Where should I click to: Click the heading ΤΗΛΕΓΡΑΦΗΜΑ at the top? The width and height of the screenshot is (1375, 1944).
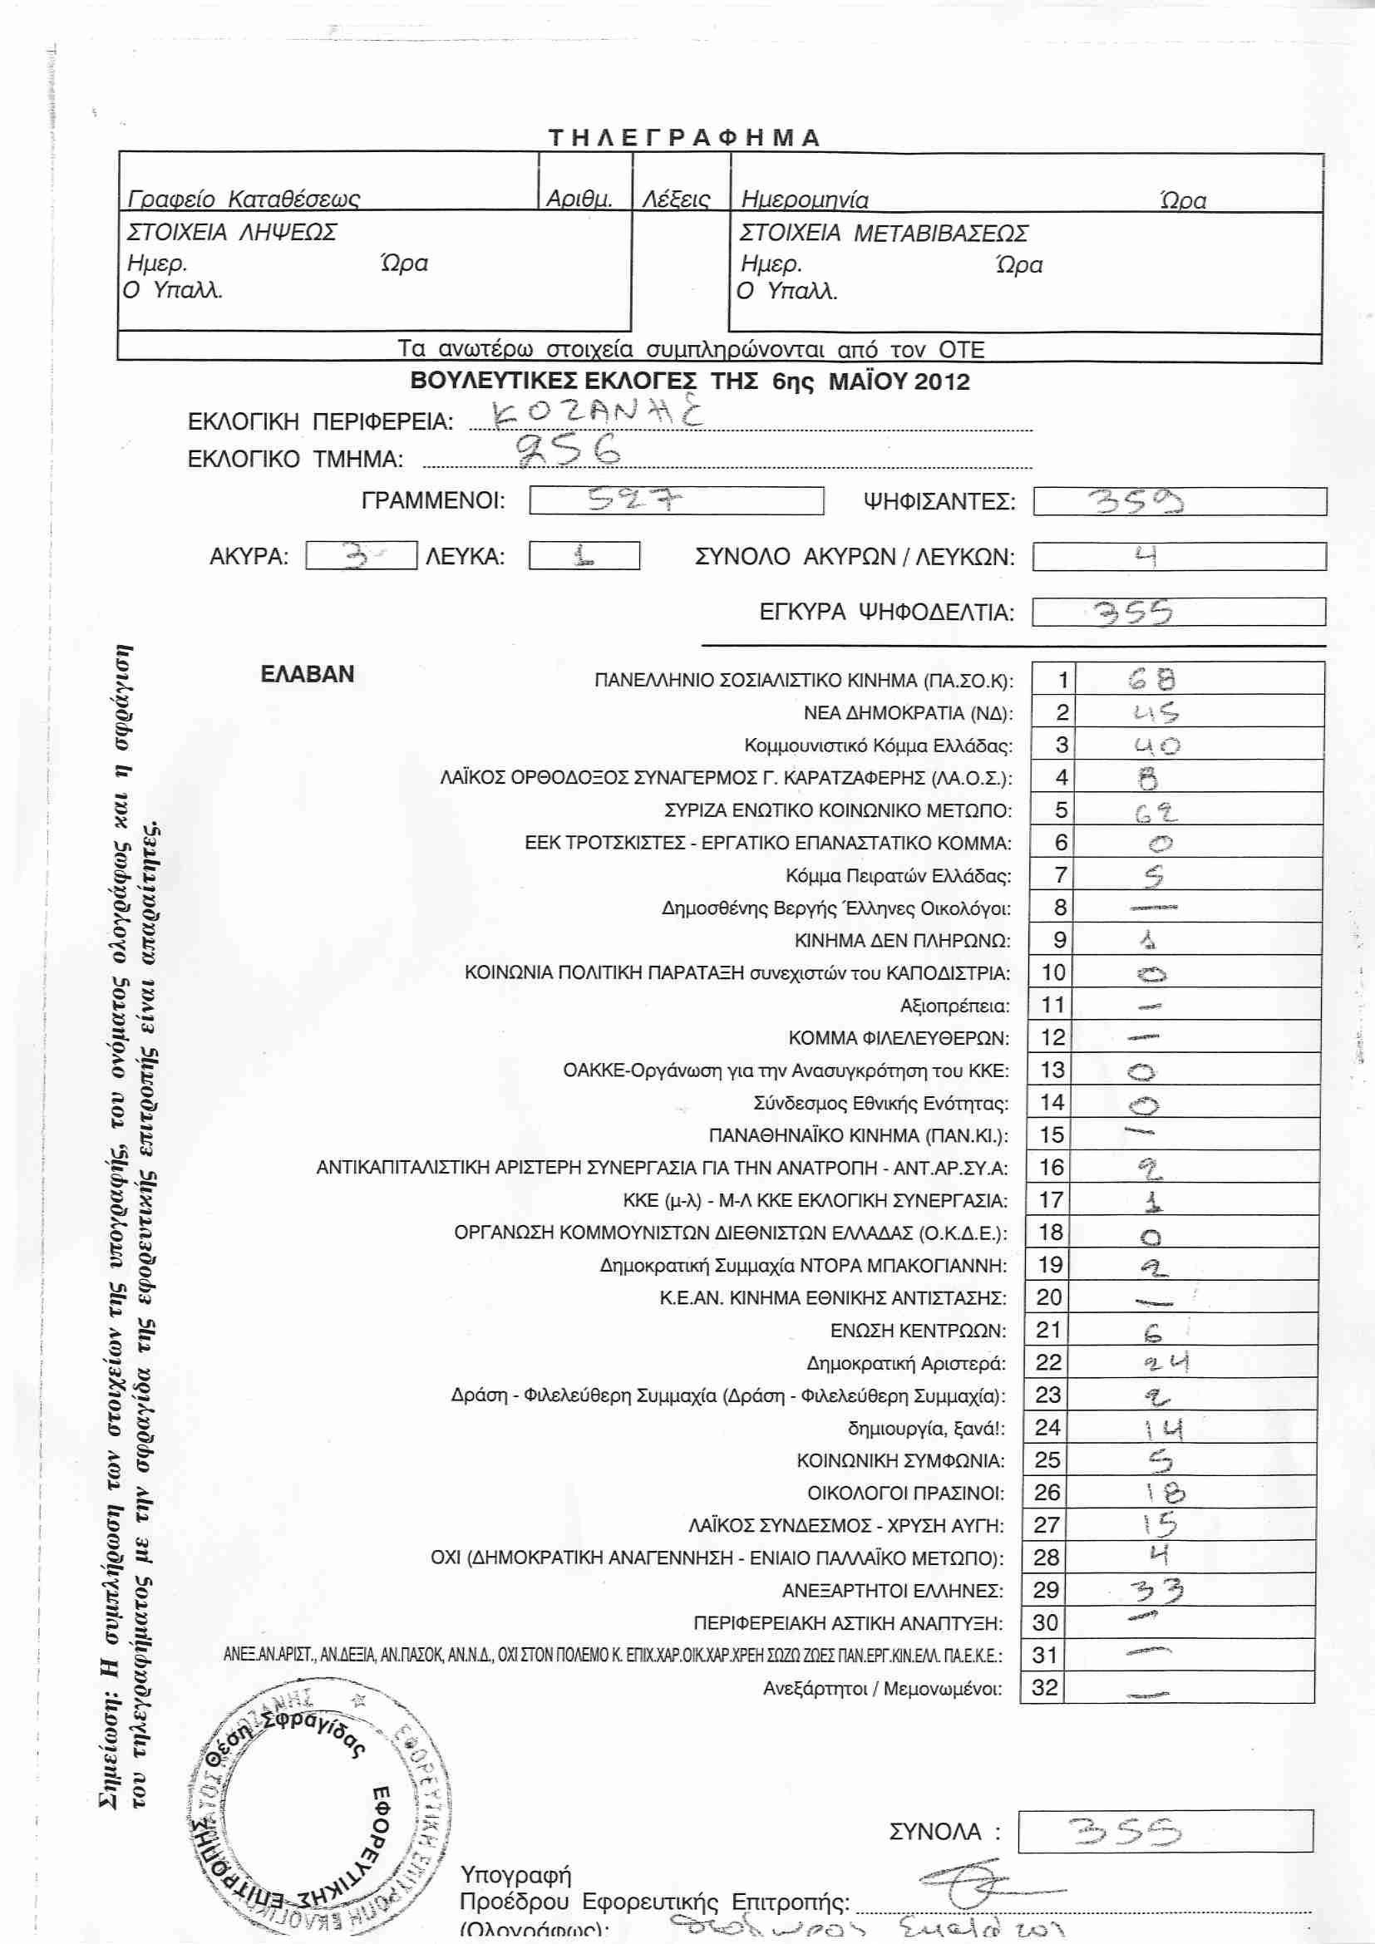tap(684, 138)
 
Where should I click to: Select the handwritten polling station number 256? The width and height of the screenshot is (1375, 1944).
tap(568, 451)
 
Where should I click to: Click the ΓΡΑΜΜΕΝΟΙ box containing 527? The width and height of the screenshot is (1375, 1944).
tap(676, 500)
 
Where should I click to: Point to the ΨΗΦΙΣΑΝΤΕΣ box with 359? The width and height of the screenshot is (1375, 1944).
tap(1180, 501)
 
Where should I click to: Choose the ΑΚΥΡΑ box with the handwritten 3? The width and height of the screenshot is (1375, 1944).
tap(361, 556)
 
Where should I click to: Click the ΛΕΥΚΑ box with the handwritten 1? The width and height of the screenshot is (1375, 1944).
tap(584, 555)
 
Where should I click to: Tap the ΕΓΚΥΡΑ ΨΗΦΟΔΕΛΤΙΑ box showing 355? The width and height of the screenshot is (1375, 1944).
tap(1178, 612)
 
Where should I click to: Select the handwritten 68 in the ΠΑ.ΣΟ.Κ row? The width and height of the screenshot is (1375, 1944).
tap(1152, 679)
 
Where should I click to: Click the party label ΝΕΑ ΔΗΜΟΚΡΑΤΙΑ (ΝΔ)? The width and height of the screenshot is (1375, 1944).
tap(908, 713)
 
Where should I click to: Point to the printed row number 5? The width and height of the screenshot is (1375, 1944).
tap(1061, 810)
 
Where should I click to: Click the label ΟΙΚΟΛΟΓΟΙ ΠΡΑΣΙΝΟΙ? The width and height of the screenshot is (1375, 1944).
tap(905, 1493)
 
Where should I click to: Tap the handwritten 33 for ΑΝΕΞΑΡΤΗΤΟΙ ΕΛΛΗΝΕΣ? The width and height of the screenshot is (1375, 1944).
tap(1157, 1592)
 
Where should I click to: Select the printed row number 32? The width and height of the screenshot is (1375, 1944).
tap(1045, 1687)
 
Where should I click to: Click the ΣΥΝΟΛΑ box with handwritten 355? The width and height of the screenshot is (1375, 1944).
tap(1164, 1833)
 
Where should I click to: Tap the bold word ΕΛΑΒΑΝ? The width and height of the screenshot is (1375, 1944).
tap(308, 674)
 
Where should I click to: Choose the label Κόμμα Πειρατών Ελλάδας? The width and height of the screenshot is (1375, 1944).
tap(899, 875)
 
